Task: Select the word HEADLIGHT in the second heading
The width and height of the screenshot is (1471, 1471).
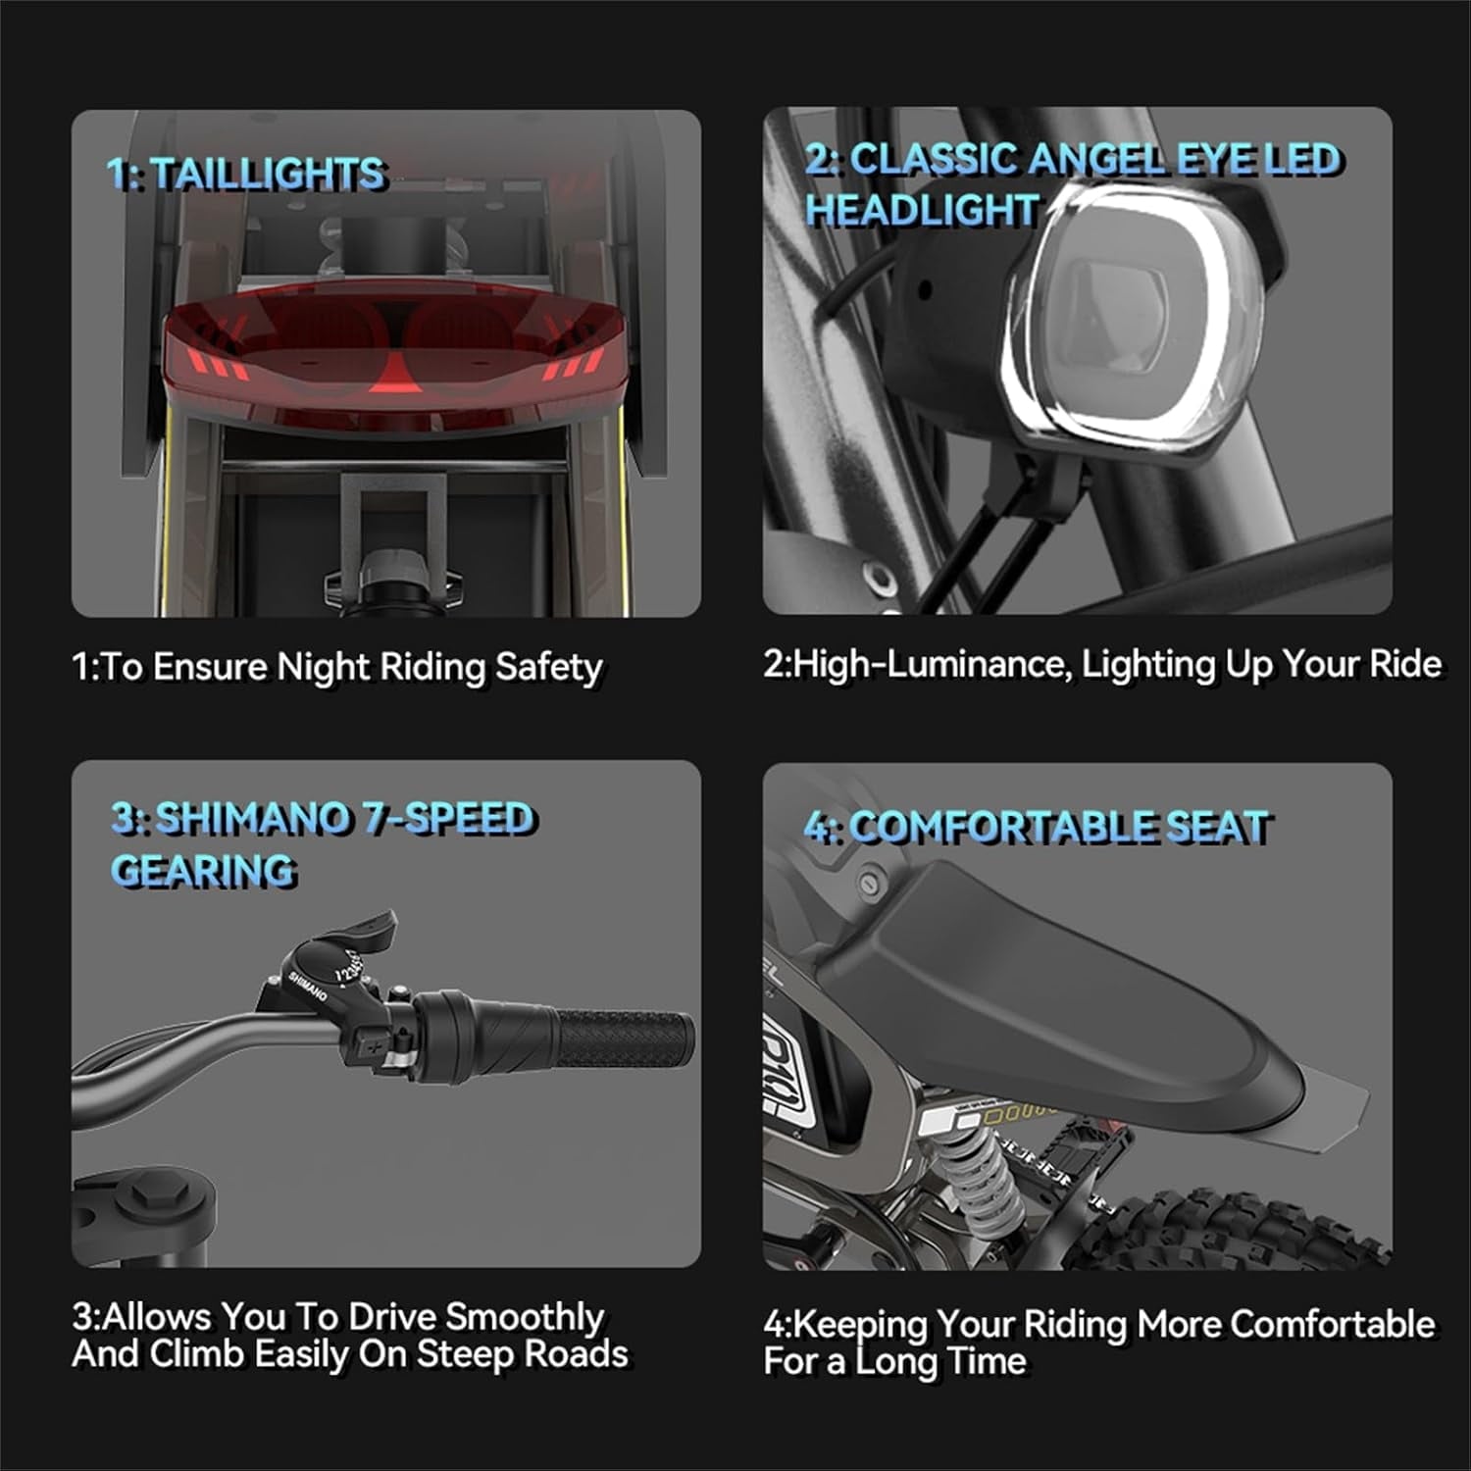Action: (922, 210)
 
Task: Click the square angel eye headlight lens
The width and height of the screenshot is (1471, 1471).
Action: (1128, 323)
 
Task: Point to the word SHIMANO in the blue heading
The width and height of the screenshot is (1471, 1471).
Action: (253, 819)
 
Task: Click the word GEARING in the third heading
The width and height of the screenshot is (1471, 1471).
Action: (203, 871)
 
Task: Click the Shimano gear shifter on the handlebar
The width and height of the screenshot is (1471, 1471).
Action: (329, 971)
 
